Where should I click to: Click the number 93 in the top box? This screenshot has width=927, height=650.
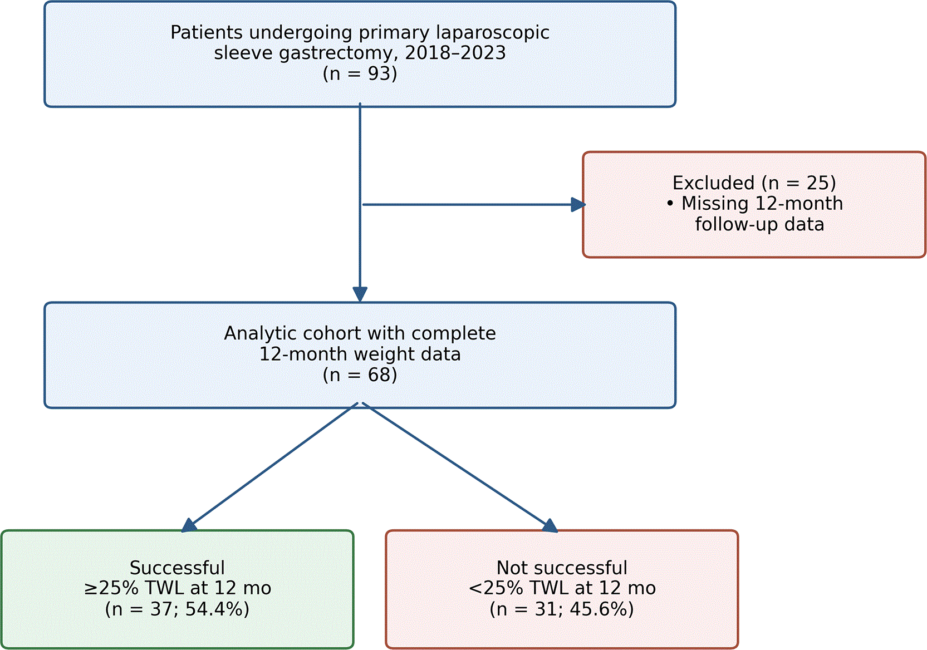[x=379, y=73]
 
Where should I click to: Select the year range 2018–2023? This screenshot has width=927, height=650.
[x=455, y=53]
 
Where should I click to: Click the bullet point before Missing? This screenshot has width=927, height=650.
[x=670, y=204]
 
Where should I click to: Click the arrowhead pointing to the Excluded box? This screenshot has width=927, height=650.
[x=578, y=204]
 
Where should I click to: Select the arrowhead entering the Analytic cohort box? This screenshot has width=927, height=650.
[x=360, y=294]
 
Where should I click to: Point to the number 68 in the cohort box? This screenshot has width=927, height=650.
[x=379, y=375]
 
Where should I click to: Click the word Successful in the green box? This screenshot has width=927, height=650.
[x=177, y=568]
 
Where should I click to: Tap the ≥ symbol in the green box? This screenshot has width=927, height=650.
[x=91, y=588]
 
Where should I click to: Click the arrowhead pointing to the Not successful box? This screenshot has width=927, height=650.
[x=551, y=525]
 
